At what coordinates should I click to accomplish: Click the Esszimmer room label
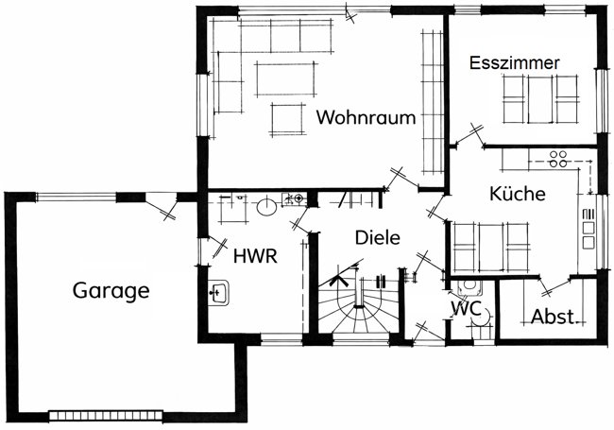pyautogui.click(x=515, y=62)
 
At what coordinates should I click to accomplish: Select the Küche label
pyautogui.click(x=518, y=195)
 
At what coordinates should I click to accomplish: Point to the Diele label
pyautogui.click(x=378, y=237)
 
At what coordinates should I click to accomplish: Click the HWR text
pyautogui.click(x=255, y=255)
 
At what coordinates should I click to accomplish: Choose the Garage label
pyautogui.click(x=111, y=290)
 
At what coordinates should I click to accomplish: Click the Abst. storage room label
pyautogui.click(x=553, y=317)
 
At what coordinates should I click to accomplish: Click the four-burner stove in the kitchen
pyautogui.click(x=557, y=157)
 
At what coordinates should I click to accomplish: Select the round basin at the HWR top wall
pyautogui.click(x=267, y=205)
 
